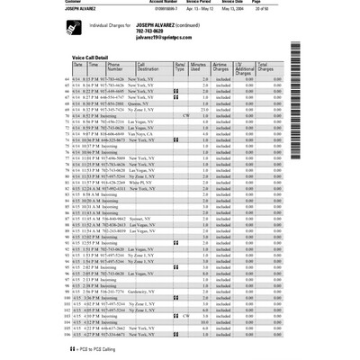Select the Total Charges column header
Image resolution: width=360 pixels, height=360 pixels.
pos(267,67)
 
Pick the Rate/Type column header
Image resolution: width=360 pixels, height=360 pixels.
pos(180,67)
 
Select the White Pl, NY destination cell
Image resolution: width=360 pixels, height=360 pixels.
pos(148,180)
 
